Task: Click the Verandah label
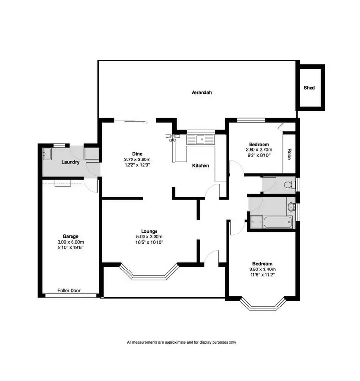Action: [202, 92]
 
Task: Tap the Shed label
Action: [309, 88]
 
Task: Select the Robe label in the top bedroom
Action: [289, 154]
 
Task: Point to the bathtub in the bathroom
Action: [272, 222]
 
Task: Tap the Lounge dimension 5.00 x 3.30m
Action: [149, 236]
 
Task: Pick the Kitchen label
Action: [201, 166]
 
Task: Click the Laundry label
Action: [70, 162]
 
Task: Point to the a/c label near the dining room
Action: [172, 140]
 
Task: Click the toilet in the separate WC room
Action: [288, 184]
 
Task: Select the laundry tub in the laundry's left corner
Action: [48, 154]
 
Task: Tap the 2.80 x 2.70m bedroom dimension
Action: [258, 150]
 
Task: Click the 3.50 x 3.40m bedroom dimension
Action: [263, 270]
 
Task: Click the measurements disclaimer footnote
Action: [181, 343]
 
